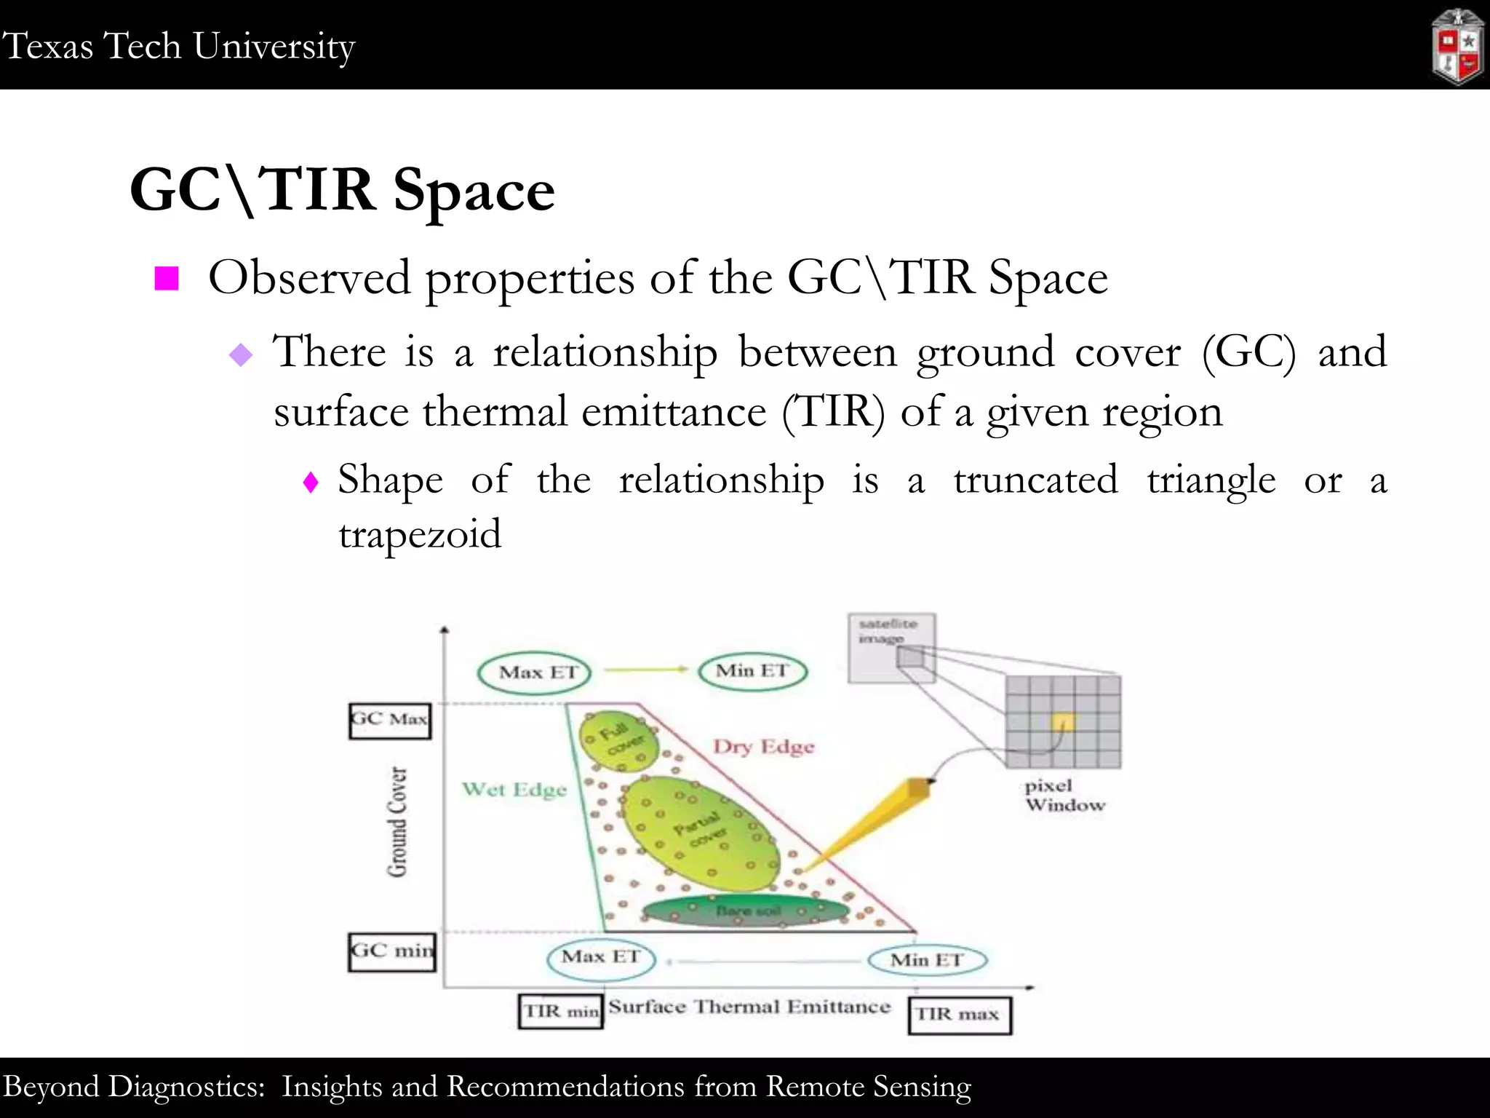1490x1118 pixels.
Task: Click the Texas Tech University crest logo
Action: [1457, 47]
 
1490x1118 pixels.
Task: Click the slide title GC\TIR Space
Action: [342, 190]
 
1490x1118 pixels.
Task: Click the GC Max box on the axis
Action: [390, 721]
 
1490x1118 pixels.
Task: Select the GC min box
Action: [391, 952]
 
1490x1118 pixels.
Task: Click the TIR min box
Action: [561, 1012]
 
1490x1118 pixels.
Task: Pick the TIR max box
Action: [959, 1015]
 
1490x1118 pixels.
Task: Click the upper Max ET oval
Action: [534, 673]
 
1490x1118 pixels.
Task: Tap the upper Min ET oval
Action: [753, 671]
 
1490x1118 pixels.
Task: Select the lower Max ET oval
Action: [601, 958]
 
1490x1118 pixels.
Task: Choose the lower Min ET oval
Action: [927, 961]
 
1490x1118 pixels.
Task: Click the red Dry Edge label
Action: [763, 747]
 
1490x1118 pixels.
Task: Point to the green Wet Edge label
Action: [514, 790]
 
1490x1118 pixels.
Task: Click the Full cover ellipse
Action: [618, 740]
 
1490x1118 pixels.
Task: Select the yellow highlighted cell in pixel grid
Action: [1062, 721]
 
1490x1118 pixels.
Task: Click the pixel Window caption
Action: [1064, 796]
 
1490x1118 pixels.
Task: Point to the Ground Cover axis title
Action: [397, 822]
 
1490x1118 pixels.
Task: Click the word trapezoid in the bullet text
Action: [420, 535]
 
